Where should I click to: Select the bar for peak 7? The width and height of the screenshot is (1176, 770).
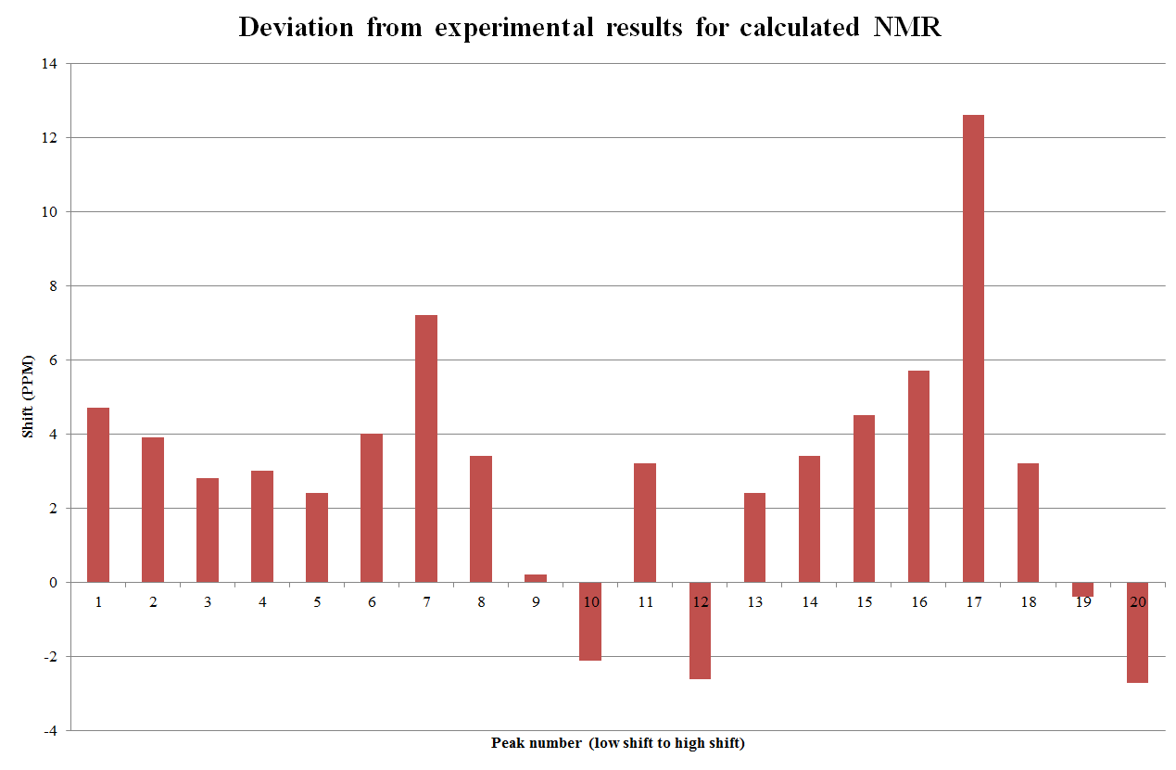point(426,448)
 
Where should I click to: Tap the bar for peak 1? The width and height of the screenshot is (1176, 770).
point(98,495)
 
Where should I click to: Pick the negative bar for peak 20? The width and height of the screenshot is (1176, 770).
point(1137,632)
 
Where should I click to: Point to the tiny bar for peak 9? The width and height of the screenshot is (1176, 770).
point(536,578)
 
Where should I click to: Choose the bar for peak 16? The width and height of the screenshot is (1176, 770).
point(918,476)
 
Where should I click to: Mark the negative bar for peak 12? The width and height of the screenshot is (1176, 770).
point(700,630)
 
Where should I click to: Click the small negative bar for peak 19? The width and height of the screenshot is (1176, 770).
point(1082,589)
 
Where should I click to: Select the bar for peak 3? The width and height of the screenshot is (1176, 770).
point(208,530)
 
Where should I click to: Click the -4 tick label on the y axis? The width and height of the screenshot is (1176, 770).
point(49,731)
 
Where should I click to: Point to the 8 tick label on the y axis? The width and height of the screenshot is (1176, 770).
point(52,286)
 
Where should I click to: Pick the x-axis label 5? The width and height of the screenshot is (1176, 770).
point(317,602)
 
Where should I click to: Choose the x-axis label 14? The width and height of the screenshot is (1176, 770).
point(809,602)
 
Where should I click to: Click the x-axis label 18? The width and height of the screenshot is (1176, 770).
point(1028,602)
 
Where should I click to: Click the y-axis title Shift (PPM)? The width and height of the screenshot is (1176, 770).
point(29,397)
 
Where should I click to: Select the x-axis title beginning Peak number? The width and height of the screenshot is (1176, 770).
point(617,743)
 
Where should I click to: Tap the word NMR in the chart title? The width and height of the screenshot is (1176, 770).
point(906,28)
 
